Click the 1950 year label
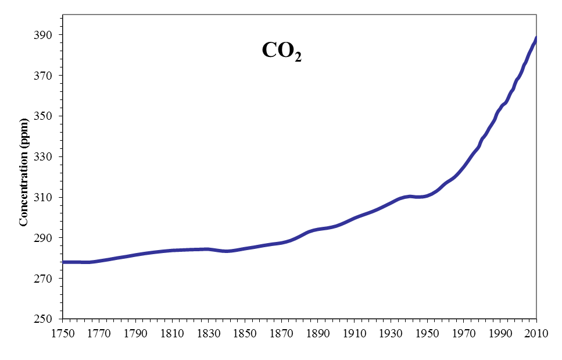pyautogui.click(x=427, y=334)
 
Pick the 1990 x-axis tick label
pyautogui.click(x=500, y=334)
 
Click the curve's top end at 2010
pyautogui.click(x=536, y=39)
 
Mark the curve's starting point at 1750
pyautogui.click(x=64, y=262)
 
